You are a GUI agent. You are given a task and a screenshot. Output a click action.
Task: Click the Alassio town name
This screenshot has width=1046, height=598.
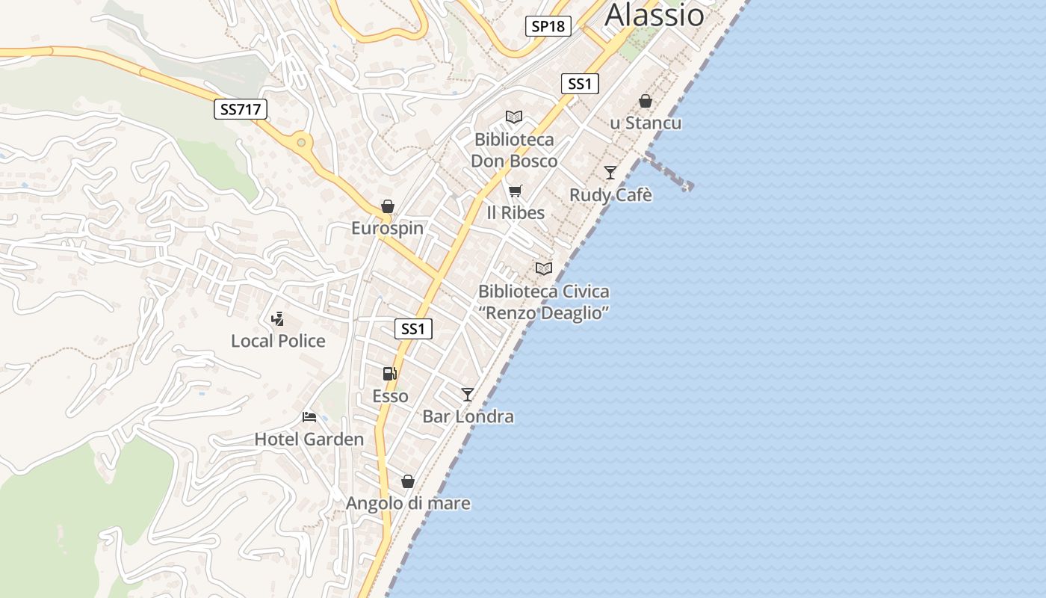pyautogui.click(x=654, y=15)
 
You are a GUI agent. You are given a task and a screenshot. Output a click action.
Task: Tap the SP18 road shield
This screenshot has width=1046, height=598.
pyautogui.click(x=548, y=26)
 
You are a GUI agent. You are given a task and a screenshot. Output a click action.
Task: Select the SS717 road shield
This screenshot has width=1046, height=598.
pyautogui.click(x=241, y=110)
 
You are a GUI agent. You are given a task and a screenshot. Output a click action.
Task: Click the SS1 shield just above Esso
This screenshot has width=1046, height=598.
pyautogui.click(x=413, y=329)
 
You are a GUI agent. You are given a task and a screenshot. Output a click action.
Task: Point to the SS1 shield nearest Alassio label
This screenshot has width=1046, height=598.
pyautogui.click(x=580, y=84)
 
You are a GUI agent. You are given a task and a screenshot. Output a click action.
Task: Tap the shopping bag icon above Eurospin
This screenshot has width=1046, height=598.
pyautogui.click(x=387, y=206)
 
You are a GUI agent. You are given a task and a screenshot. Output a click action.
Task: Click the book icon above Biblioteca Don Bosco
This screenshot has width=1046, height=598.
pyautogui.click(x=513, y=117)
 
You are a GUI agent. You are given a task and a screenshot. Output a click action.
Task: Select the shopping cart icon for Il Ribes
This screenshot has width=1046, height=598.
pyautogui.click(x=515, y=191)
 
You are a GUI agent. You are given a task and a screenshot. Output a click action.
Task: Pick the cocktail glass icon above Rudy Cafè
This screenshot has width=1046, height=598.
pyautogui.click(x=610, y=173)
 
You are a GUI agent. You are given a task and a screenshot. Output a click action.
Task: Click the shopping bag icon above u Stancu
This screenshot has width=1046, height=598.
pyautogui.click(x=646, y=101)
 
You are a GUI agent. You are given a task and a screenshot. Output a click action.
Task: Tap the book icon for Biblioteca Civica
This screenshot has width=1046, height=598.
pyautogui.click(x=543, y=268)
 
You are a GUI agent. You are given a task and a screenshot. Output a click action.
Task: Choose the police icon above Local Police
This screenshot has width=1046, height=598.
pyautogui.click(x=278, y=319)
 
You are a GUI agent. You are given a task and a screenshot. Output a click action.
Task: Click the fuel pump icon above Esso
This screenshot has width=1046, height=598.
pyautogui.click(x=389, y=374)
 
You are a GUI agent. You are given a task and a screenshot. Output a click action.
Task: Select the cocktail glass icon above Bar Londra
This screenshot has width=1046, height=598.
pyautogui.click(x=468, y=394)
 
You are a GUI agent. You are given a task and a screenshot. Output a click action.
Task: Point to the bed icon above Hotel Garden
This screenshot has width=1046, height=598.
pyautogui.click(x=309, y=416)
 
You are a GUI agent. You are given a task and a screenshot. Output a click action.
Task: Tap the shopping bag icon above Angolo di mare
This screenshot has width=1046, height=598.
pyautogui.click(x=408, y=481)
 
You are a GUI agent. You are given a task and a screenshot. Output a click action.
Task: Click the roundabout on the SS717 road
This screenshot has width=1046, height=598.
pyautogui.click(x=301, y=142)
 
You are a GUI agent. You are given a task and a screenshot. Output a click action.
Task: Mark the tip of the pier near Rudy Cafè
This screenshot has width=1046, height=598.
pyautogui.click(x=688, y=186)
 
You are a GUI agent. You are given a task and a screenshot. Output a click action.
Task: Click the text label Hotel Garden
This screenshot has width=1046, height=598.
pyautogui.click(x=309, y=439)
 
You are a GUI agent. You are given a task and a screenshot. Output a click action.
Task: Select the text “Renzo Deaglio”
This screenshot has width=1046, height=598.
pyautogui.click(x=543, y=312)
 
